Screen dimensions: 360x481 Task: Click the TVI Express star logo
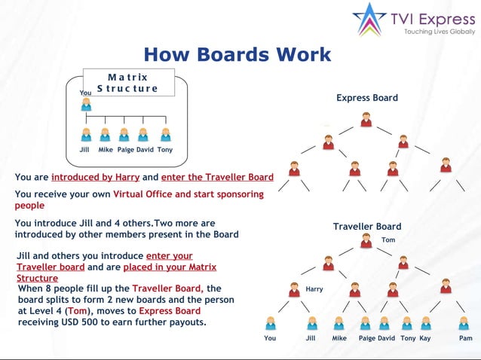click(369, 20)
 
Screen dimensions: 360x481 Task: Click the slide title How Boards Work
click(237, 54)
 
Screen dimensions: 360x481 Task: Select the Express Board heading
click(366, 98)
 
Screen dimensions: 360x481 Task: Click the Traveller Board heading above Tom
click(366, 227)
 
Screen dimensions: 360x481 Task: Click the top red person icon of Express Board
click(366, 119)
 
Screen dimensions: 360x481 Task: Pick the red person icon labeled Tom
click(366, 241)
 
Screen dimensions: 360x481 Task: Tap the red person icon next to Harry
click(294, 288)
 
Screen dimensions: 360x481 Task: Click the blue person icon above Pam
click(465, 323)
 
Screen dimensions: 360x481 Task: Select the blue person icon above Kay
click(426, 323)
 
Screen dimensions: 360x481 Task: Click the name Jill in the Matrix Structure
click(84, 150)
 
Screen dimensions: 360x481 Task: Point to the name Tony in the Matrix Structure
click(165, 150)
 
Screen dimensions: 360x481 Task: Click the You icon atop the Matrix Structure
click(86, 104)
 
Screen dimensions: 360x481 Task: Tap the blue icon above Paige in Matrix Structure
click(124, 135)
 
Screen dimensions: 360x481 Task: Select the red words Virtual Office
click(152, 194)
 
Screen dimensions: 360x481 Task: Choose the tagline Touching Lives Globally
click(440, 32)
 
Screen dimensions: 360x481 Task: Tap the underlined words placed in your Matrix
click(170, 267)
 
